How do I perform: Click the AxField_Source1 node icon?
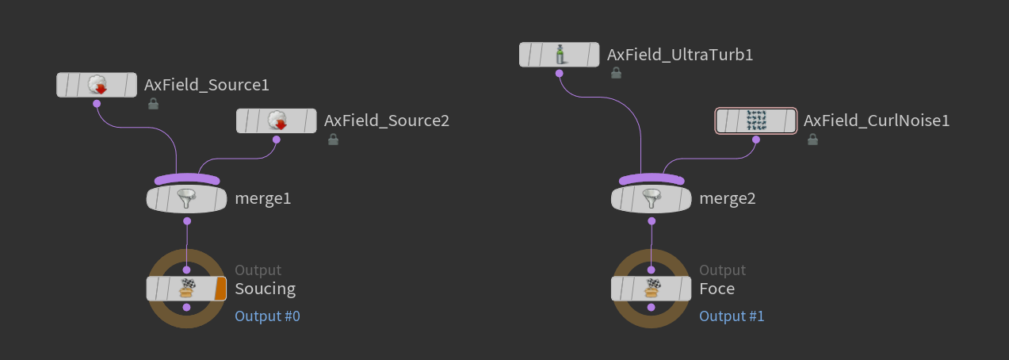coord(97,85)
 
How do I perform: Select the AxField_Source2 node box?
coord(276,121)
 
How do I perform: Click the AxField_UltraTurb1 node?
coord(559,55)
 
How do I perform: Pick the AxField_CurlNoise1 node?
coord(756,121)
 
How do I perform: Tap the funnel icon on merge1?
coord(186,199)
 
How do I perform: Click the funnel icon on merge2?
coord(652,199)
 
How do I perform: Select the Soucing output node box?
coord(186,289)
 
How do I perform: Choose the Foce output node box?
coord(651,289)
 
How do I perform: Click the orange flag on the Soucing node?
coord(220,289)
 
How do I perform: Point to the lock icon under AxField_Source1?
coord(153,104)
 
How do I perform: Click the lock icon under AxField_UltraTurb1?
coord(616,72)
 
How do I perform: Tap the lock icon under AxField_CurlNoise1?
coord(812,140)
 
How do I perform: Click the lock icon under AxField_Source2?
coord(334,140)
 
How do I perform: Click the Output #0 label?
coord(268,316)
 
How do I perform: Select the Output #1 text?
coord(732,316)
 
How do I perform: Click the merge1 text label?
coord(263,199)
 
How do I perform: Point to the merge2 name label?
coord(728,199)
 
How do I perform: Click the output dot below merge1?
coord(187,220)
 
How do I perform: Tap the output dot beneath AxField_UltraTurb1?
coord(559,73)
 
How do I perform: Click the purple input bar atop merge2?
coord(652,179)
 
